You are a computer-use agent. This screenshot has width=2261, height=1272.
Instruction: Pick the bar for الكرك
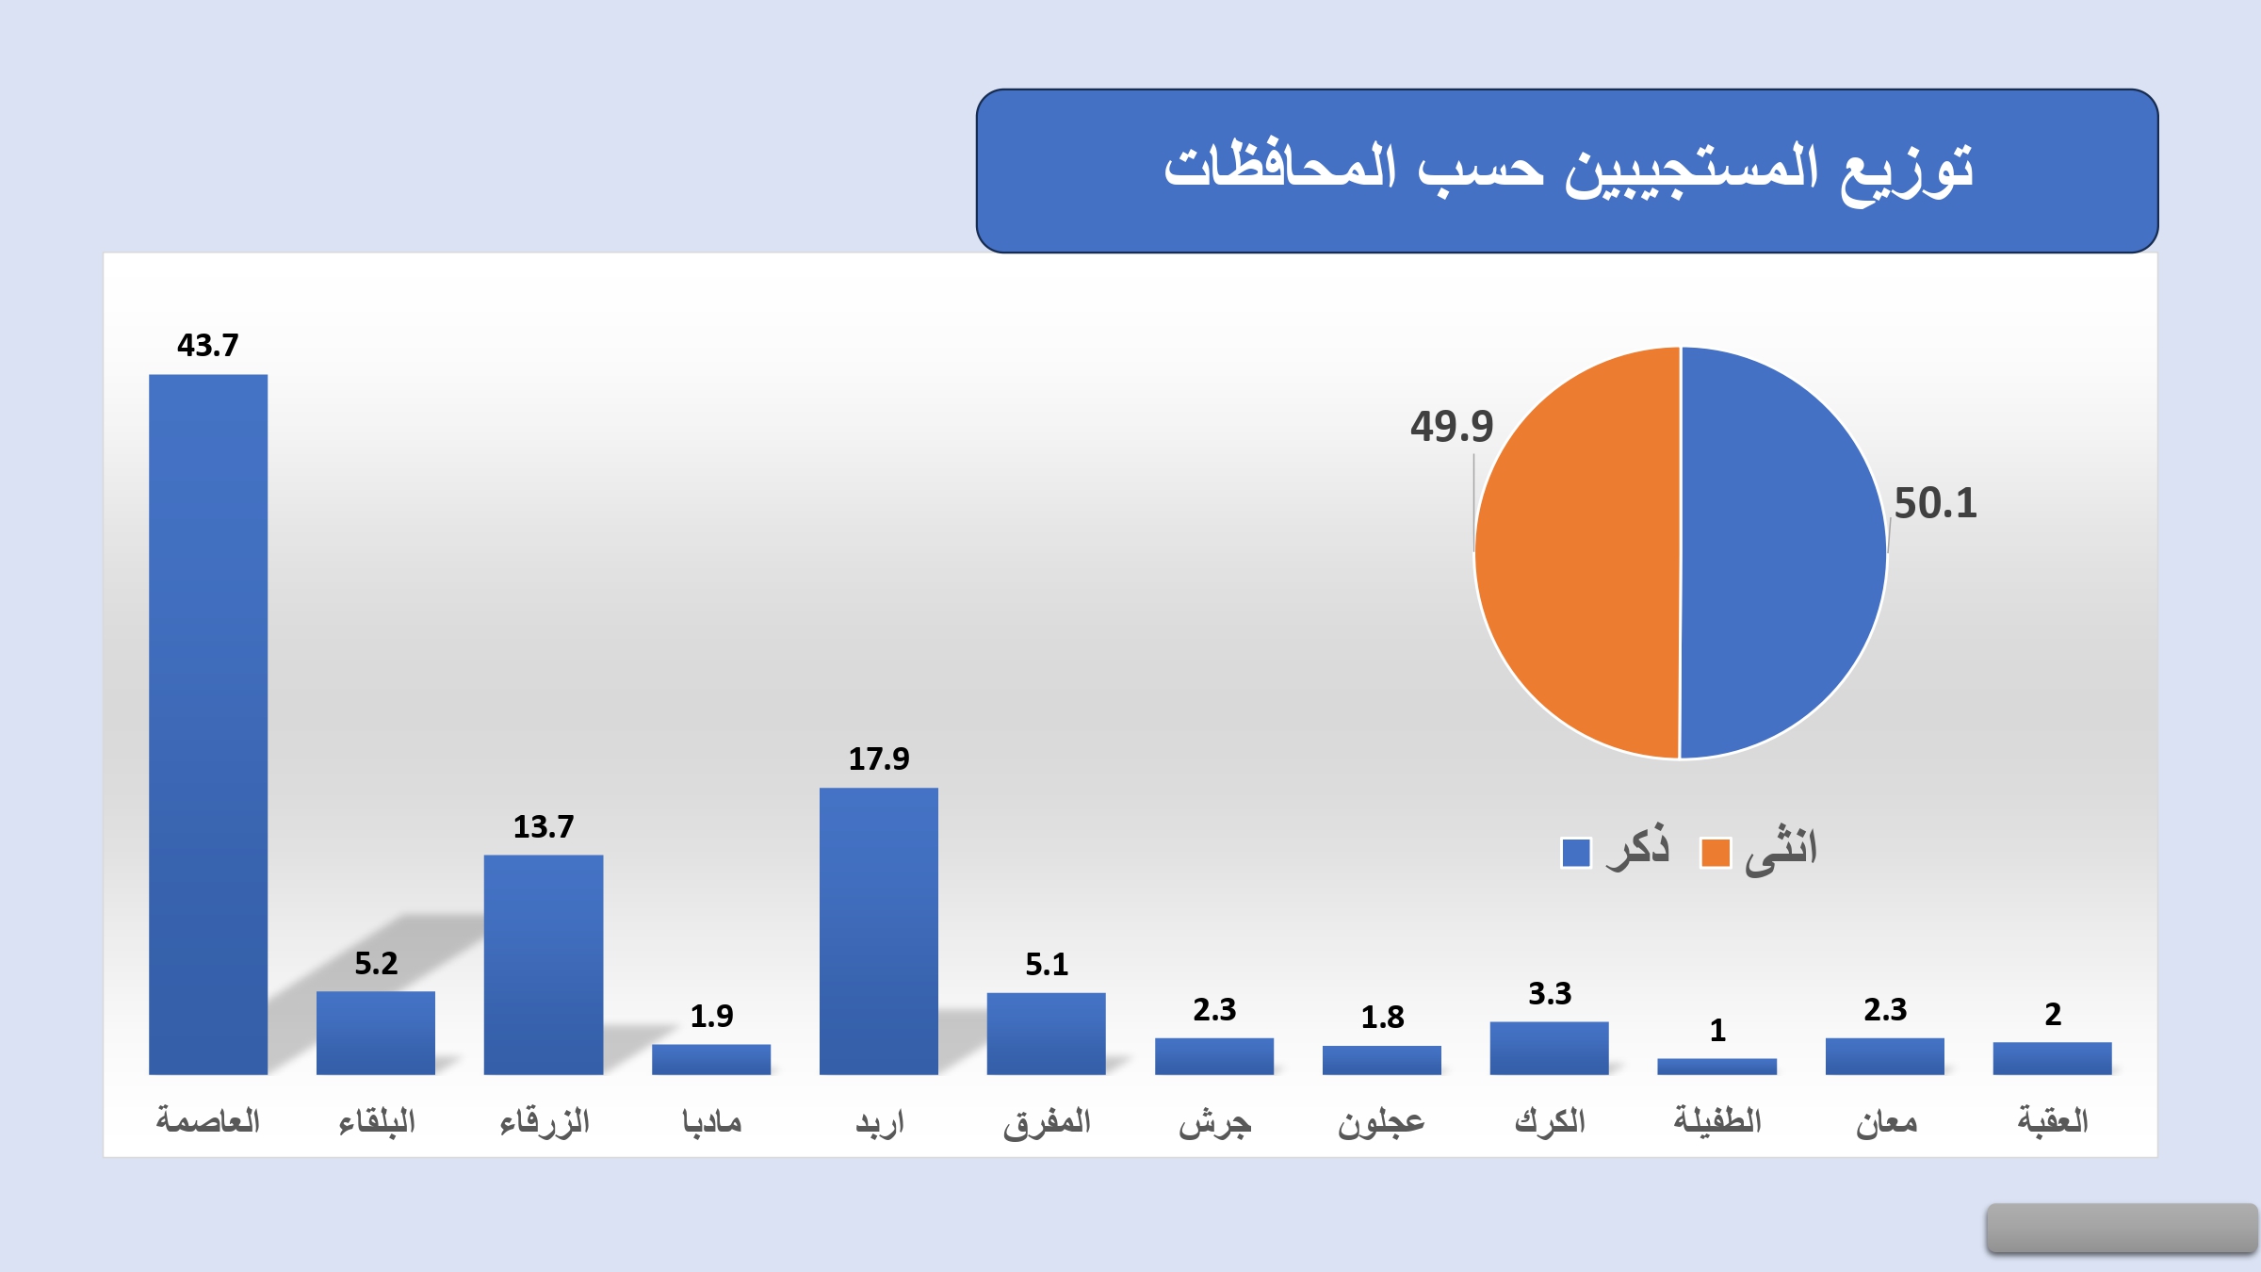click(1549, 1048)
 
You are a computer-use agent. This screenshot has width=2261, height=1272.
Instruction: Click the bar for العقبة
click(2052, 1058)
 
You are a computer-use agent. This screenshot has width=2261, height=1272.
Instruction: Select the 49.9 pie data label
click(1452, 427)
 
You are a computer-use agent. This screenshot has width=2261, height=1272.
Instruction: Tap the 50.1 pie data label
click(1935, 503)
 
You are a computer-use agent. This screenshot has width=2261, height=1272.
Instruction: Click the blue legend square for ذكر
click(1576, 852)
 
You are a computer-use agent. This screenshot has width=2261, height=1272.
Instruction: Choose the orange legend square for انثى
click(1716, 852)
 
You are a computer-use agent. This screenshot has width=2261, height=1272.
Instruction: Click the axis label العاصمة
click(208, 1120)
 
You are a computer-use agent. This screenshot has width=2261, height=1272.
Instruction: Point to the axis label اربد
click(879, 1122)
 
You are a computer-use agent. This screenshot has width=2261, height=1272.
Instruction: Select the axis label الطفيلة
click(1717, 1120)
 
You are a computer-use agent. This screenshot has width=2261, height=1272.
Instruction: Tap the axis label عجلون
click(1381, 1122)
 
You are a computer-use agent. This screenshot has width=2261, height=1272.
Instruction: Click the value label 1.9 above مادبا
click(711, 1016)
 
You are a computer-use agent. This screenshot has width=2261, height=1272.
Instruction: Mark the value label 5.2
click(376, 963)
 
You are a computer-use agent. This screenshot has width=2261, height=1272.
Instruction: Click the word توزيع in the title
click(1908, 171)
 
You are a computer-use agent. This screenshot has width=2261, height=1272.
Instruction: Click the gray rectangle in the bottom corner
click(2122, 1228)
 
